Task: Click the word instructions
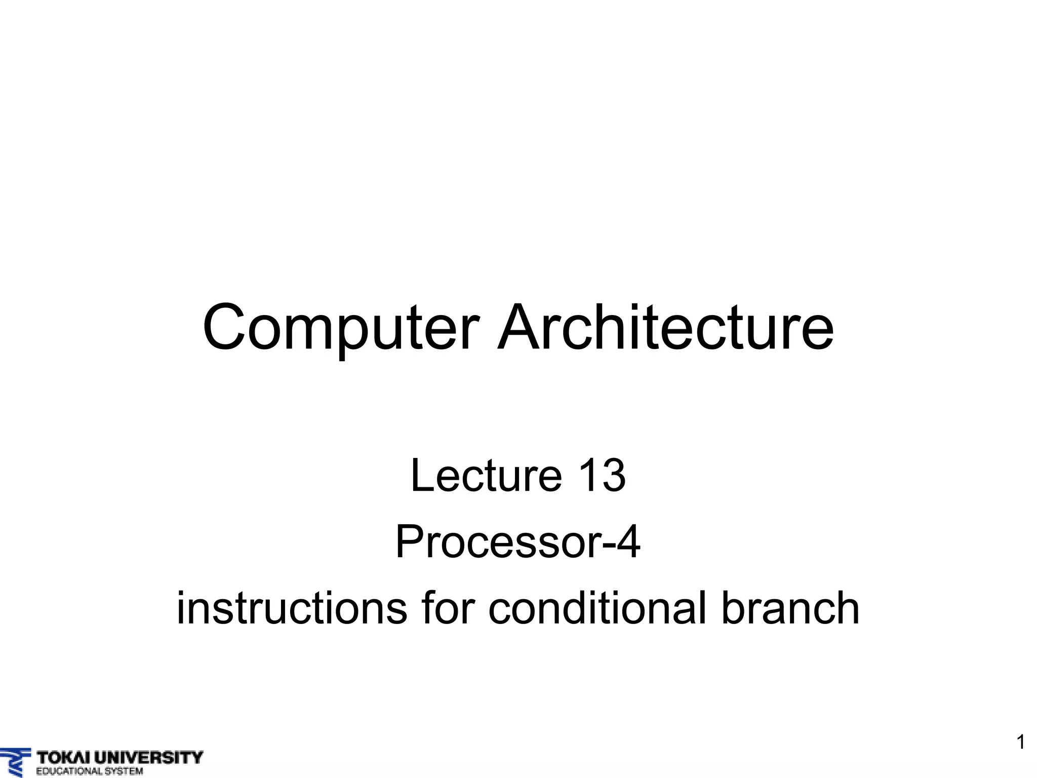[x=292, y=608]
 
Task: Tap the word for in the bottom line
[x=446, y=608]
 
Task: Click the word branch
[x=790, y=608]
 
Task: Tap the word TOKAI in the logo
[x=63, y=758]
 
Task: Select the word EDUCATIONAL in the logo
[x=68, y=771]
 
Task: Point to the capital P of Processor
[x=410, y=542]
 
